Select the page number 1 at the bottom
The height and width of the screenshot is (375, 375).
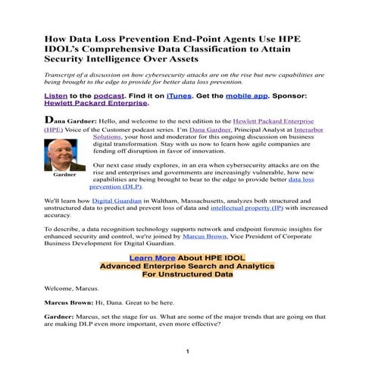click(187, 352)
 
